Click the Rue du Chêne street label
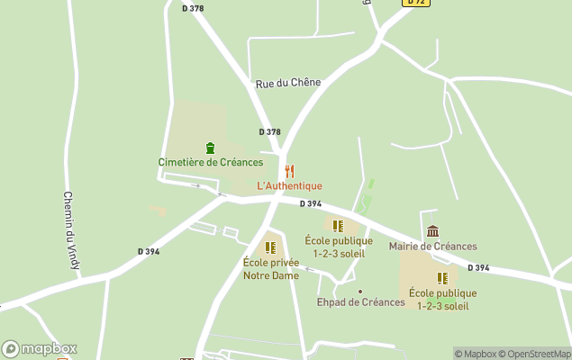pyautogui.click(x=287, y=83)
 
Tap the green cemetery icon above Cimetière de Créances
pyautogui.click(x=211, y=148)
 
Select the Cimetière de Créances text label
pyautogui.click(x=211, y=162)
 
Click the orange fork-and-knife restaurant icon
pyautogui.click(x=289, y=171)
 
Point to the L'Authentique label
pyautogui.click(x=289, y=186)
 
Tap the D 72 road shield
pyautogui.click(x=414, y=3)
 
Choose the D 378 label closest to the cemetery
pyautogui.click(x=269, y=131)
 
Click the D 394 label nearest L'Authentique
pyautogui.click(x=311, y=203)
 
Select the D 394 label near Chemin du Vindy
pyautogui.click(x=149, y=252)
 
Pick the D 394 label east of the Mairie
pyautogui.click(x=478, y=268)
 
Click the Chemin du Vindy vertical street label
pyautogui.click(x=73, y=230)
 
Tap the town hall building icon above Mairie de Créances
pyautogui.click(x=432, y=231)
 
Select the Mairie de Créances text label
pyautogui.click(x=432, y=246)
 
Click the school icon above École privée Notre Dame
pyautogui.click(x=270, y=247)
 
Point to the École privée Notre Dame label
pyautogui.click(x=270, y=269)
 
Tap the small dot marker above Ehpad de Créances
pyautogui.click(x=360, y=291)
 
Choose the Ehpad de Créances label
pyautogui.click(x=360, y=302)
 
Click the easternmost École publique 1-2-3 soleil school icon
pyautogui.click(x=442, y=278)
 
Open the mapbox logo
pyautogui.click(x=40, y=349)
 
